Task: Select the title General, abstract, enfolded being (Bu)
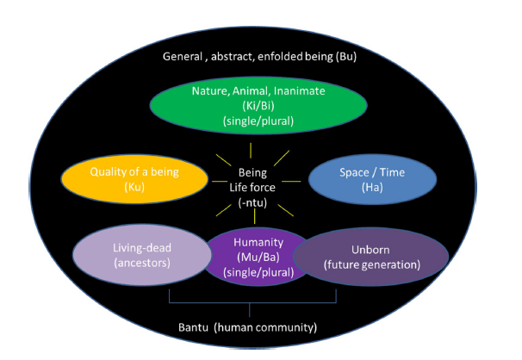(255, 57)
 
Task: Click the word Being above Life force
(252, 172)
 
